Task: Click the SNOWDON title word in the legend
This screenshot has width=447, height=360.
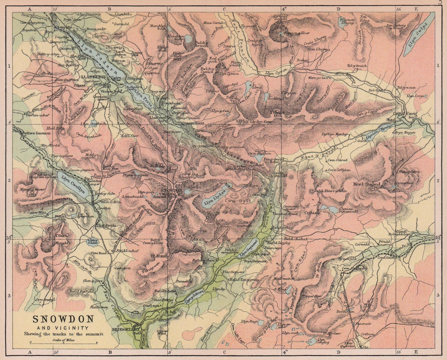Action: coord(63,319)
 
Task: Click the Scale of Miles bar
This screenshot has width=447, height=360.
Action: coord(63,342)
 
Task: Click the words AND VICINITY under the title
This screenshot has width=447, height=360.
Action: coord(64,328)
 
